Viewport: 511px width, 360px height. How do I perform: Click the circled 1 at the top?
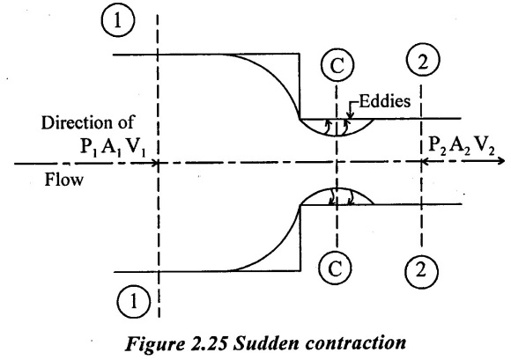(x=118, y=21)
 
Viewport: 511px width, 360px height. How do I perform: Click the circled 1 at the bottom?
(x=133, y=301)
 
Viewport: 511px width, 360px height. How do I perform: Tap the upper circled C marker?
(x=337, y=65)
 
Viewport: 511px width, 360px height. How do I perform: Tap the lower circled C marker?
(x=336, y=268)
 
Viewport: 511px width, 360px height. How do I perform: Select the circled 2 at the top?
(x=423, y=62)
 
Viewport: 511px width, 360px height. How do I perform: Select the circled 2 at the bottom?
(x=421, y=270)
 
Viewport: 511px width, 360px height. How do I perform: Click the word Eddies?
(x=384, y=101)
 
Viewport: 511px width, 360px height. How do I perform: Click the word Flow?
(x=63, y=180)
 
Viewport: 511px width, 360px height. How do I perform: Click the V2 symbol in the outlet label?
(x=485, y=145)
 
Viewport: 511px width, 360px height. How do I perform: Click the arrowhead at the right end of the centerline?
(x=501, y=161)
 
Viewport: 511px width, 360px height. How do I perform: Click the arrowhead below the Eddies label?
(x=350, y=115)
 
